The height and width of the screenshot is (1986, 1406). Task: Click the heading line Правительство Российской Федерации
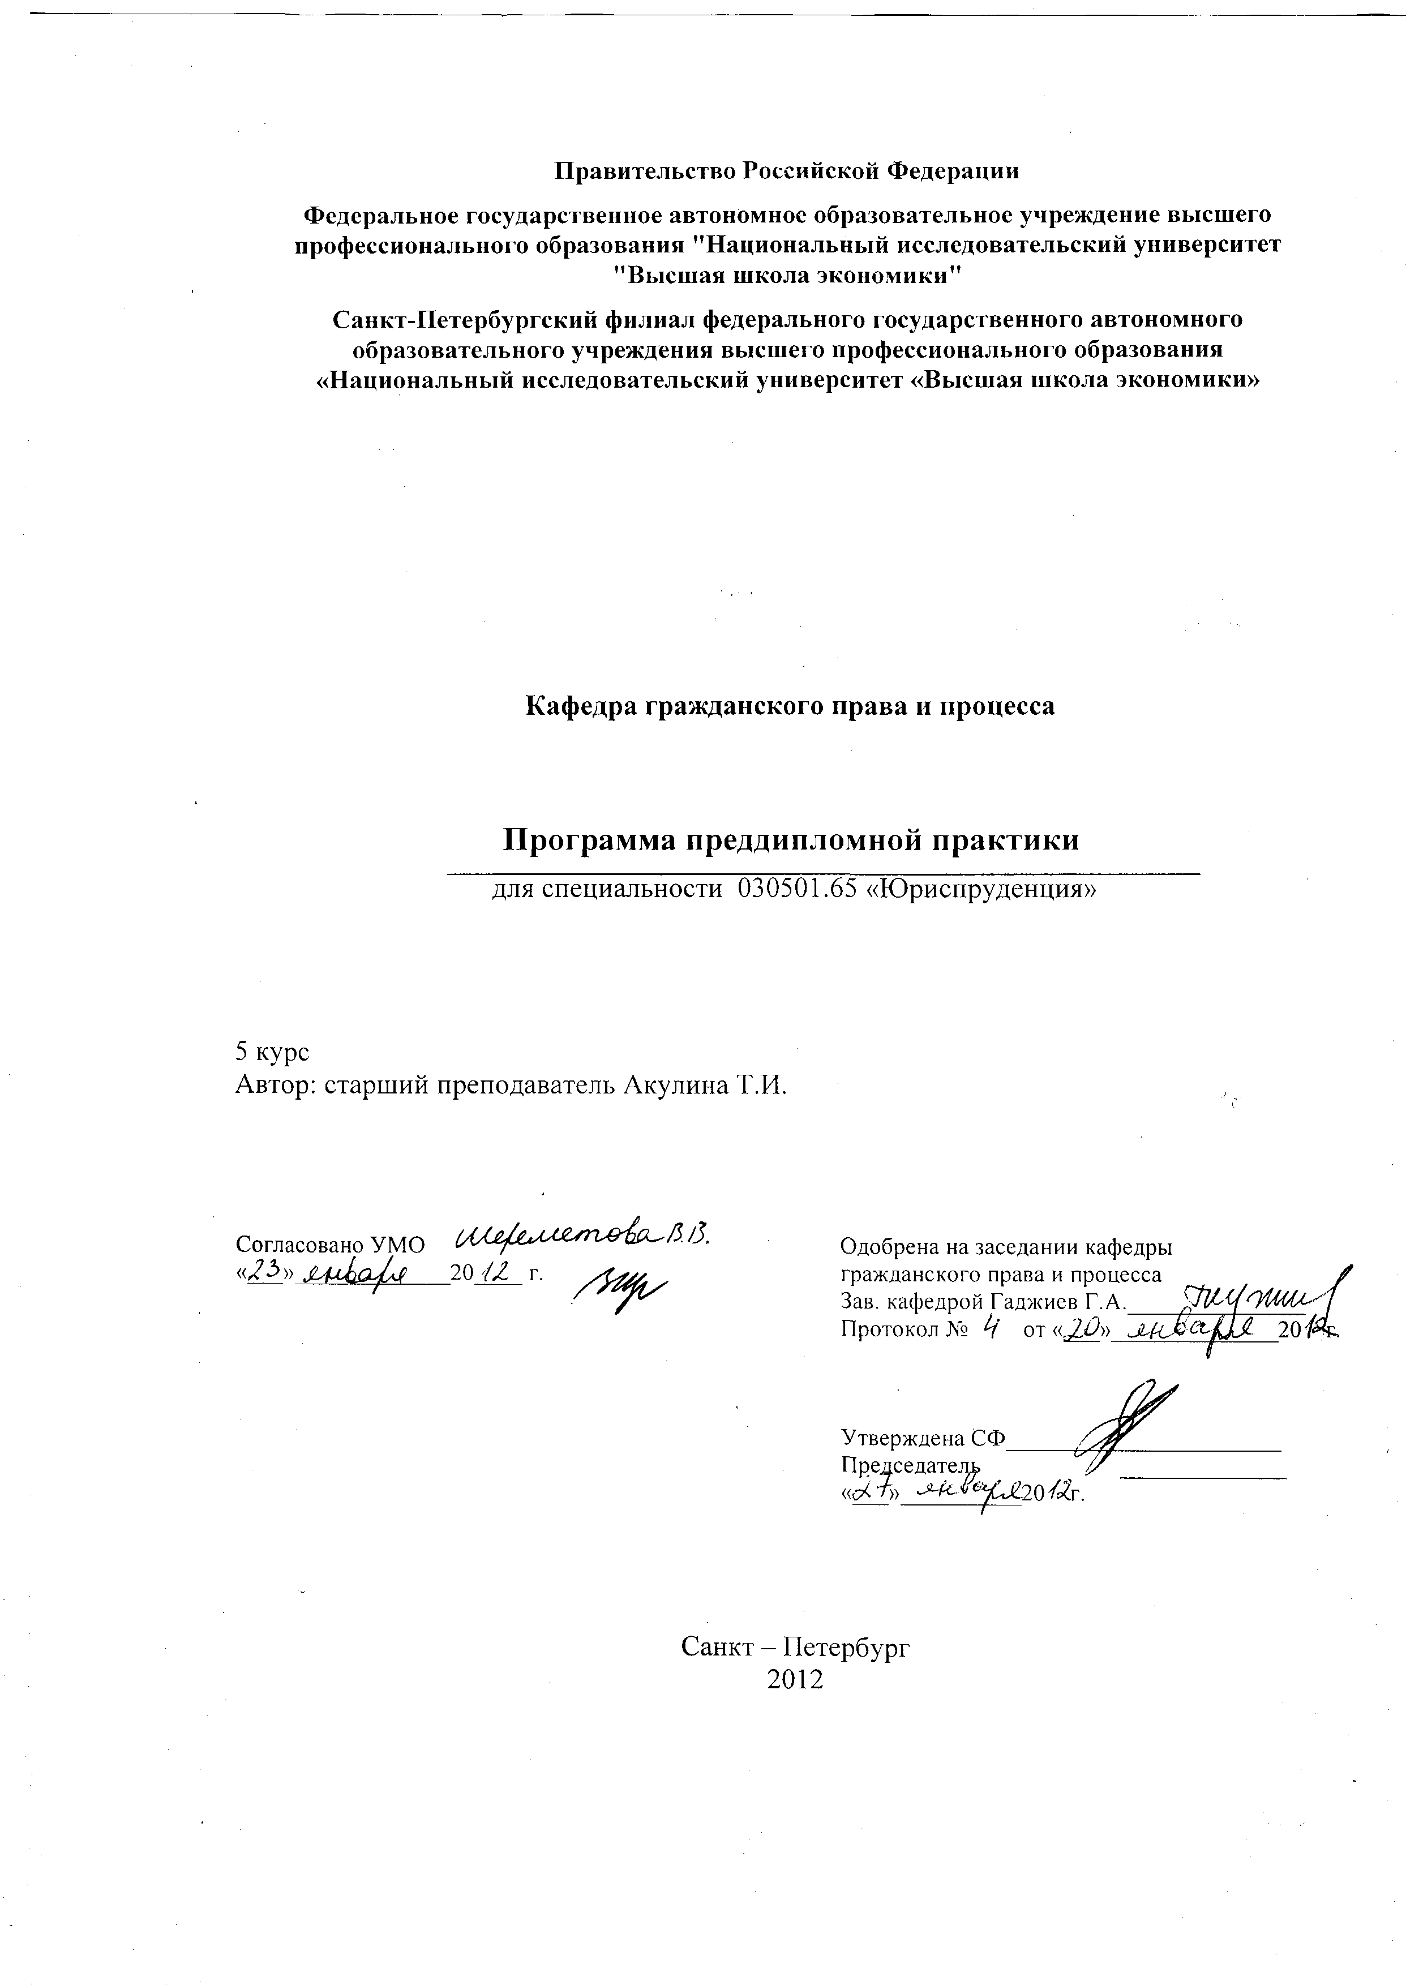point(786,170)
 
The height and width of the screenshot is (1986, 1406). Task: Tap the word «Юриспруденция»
point(981,889)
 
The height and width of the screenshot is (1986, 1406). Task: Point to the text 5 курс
point(272,1052)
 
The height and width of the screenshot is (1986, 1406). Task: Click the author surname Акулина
point(675,1086)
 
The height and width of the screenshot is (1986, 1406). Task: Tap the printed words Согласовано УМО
point(331,1245)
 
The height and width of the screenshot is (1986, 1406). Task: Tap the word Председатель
point(911,1465)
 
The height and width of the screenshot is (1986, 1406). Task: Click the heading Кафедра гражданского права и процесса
point(790,706)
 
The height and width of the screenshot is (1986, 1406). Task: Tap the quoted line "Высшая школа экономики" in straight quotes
point(786,275)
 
